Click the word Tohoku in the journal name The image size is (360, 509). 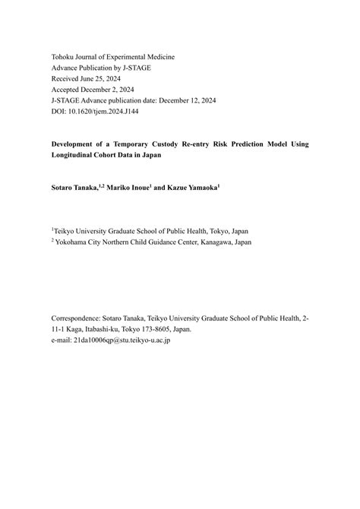click(65, 57)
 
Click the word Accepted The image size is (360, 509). click(68, 89)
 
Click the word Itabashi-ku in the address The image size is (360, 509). click(107, 330)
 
